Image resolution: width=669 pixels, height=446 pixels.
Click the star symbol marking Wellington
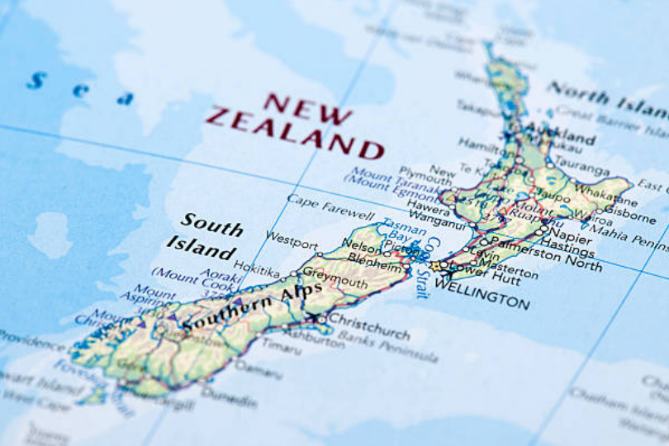tap(435, 267)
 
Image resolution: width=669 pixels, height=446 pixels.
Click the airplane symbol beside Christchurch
tap(313, 316)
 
